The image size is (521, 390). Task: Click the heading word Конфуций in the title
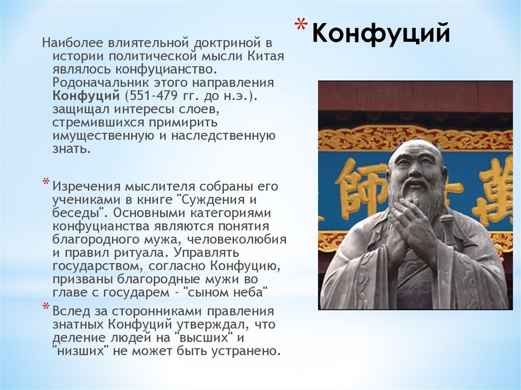[x=381, y=33]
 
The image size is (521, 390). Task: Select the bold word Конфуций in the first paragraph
[x=86, y=96]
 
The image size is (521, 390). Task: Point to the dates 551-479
[x=151, y=96]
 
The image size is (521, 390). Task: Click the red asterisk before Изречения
[x=45, y=182]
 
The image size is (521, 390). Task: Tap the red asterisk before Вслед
[x=45, y=307]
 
